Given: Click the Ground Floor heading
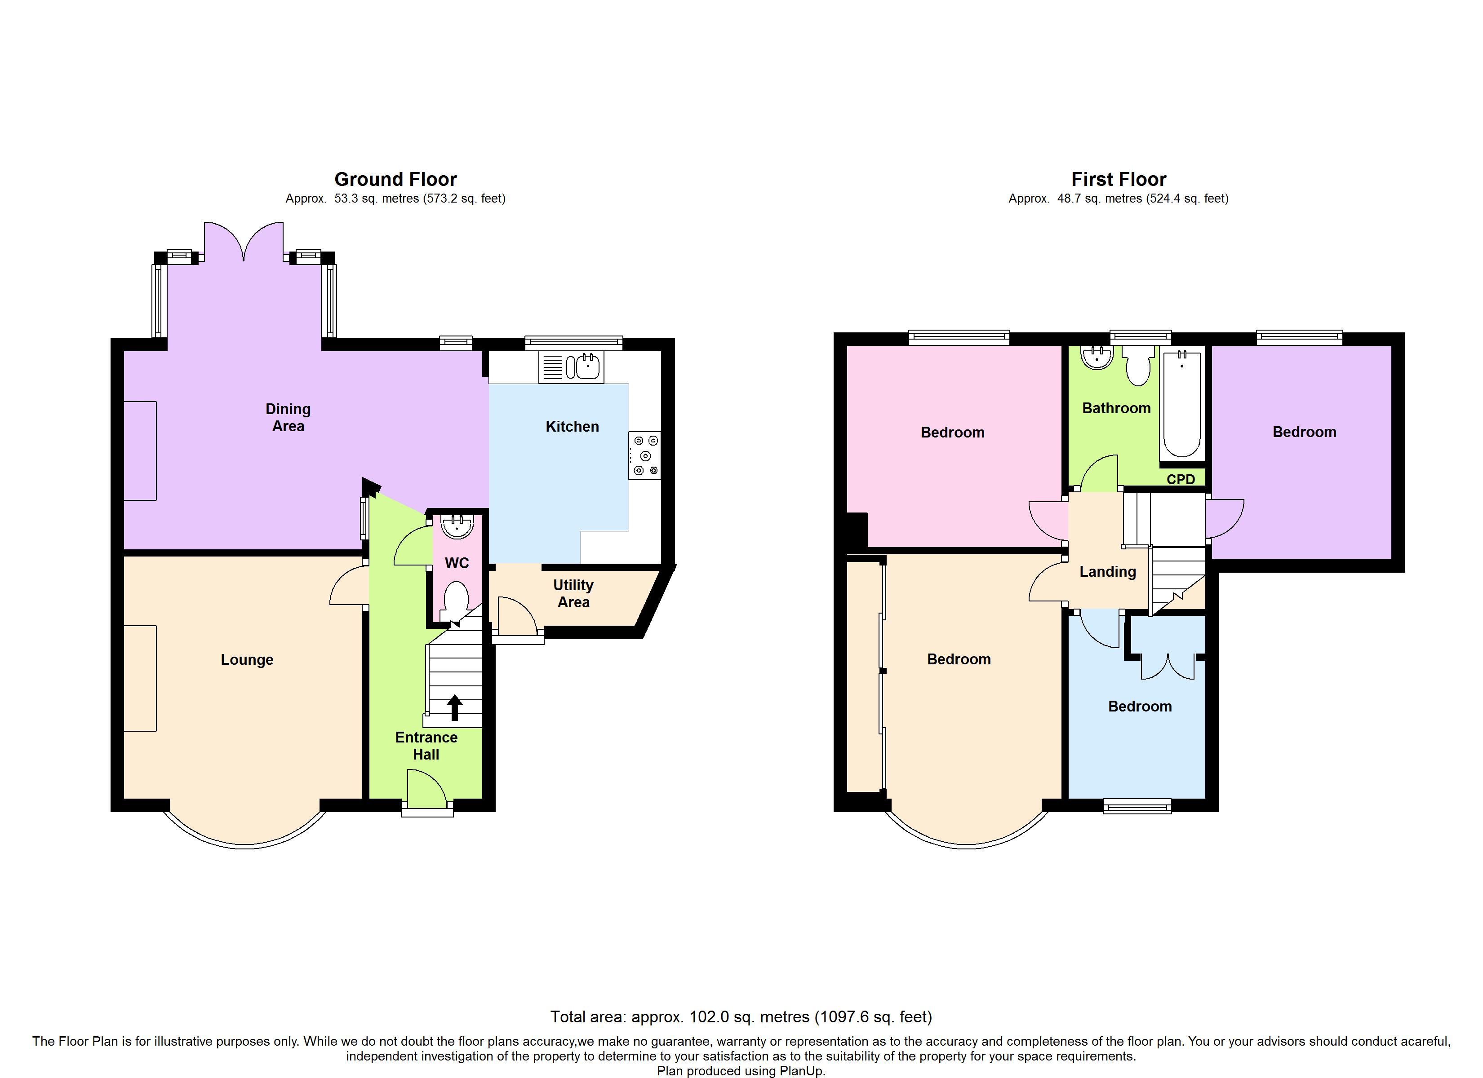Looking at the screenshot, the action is pos(395,179).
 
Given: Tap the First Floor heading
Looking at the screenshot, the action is pos(1119,179).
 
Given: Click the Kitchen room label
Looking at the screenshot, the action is pos(572,426).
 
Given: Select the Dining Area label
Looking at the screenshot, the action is pos(288,417).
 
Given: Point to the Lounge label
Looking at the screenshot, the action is pos(247,660).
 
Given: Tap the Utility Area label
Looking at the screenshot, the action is pos(573,594).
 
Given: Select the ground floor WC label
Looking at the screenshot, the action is pos(457,563).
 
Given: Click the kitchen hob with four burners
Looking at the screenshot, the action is pos(645,455).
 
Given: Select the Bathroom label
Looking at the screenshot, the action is pos(1116,408).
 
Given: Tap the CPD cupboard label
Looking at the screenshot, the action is pos(1181,479).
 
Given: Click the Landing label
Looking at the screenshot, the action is pos(1108,571).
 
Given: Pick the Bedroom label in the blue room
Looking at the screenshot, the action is pos(1140,706).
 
